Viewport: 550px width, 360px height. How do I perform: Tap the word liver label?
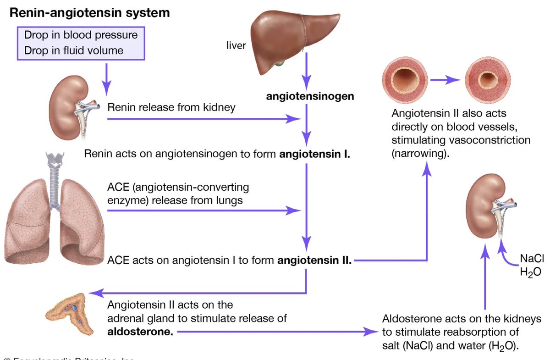point(236,46)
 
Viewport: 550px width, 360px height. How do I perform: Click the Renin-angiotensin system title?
point(90,13)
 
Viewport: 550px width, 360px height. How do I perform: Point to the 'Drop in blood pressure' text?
point(81,35)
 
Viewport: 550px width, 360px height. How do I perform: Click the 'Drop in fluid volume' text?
point(74,50)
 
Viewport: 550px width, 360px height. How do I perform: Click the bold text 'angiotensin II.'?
point(314,261)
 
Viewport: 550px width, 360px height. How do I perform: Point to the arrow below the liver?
point(306,73)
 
